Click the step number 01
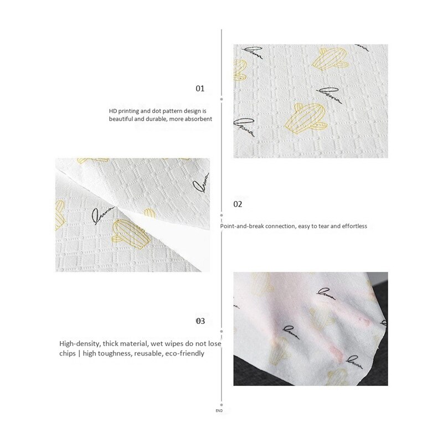[x=200, y=89]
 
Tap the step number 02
[x=238, y=204]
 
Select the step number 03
[x=200, y=321]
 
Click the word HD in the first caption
[x=113, y=111]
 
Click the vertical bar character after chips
[x=80, y=353]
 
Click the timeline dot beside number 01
[x=221, y=98]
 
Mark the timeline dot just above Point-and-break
[x=221, y=214]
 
